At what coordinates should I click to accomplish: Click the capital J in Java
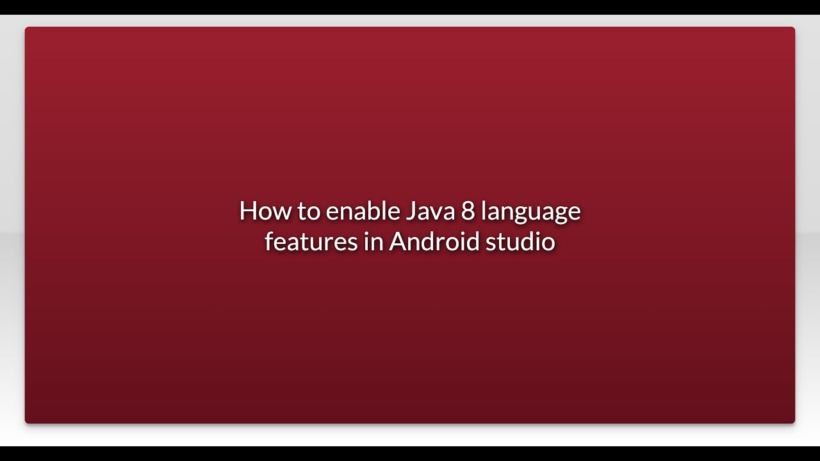[x=409, y=211]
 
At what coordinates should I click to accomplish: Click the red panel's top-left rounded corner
[x=28, y=29]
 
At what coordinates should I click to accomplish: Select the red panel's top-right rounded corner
[x=792, y=29]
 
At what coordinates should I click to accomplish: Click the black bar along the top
[x=410, y=6]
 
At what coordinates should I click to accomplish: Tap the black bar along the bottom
[x=410, y=453]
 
